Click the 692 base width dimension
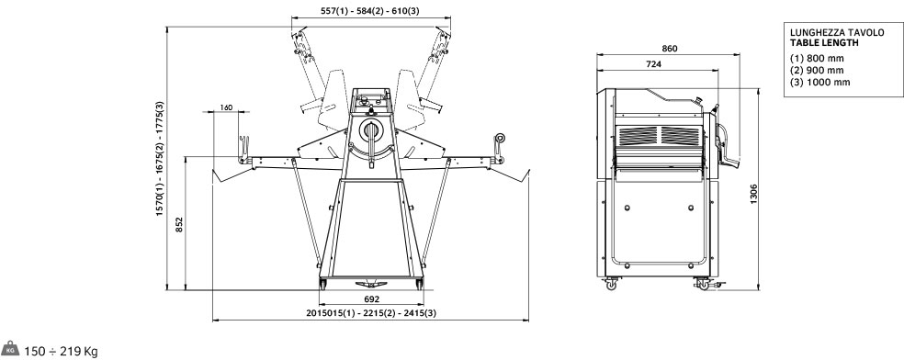tap(372, 299)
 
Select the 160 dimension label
tap(226, 107)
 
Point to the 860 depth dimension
tap(670, 49)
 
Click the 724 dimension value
tap(653, 64)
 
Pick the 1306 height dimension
tap(753, 194)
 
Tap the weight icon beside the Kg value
tap(10, 348)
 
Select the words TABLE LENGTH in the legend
tap(824, 42)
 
